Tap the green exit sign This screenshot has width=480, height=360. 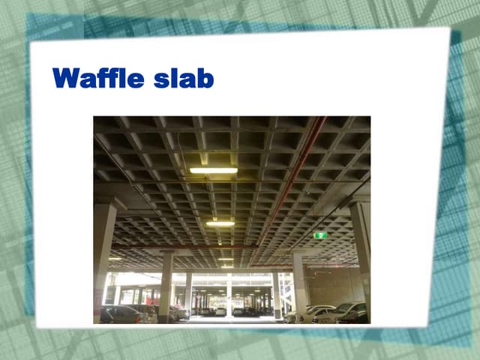[x=320, y=235]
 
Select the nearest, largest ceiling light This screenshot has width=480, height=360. [x=213, y=171]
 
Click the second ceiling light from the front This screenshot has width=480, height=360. [x=220, y=223]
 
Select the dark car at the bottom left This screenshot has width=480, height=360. [x=124, y=314]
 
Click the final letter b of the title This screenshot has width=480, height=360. [x=205, y=78]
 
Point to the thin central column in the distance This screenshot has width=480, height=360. [x=229, y=292]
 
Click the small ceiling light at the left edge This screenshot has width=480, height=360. [x=114, y=259]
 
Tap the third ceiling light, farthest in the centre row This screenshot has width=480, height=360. [x=226, y=259]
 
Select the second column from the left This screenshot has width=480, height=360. [x=166, y=285]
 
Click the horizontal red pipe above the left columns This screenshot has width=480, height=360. [x=180, y=246]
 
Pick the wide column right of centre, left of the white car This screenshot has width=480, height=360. [x=299, y=281]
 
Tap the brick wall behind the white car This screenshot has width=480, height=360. [x=334, y=285]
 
